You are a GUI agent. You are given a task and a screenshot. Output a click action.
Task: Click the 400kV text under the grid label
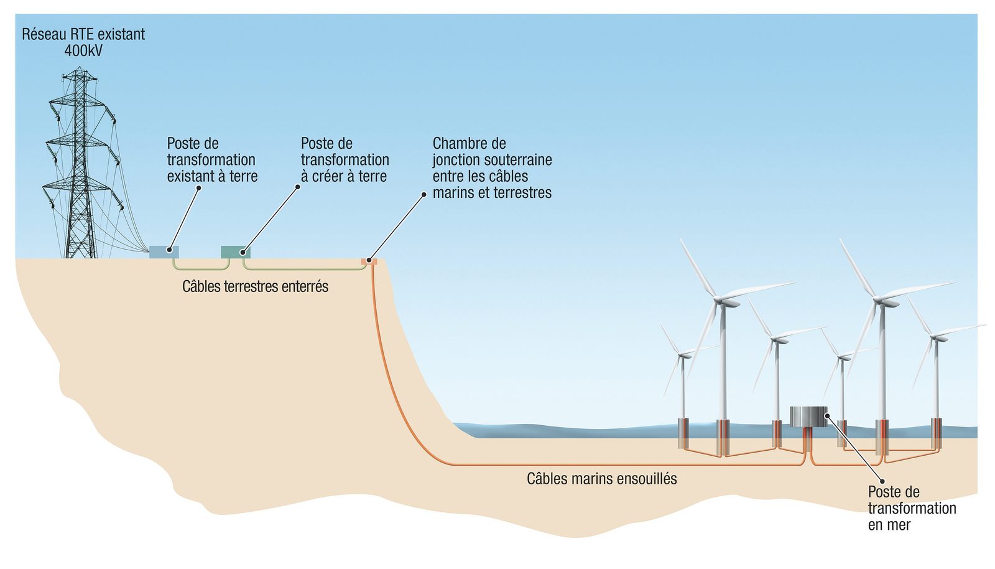click(83, 50)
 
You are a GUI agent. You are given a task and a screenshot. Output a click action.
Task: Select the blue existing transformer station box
click(164, 252)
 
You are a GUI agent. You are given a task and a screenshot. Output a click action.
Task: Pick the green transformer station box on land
click(236, 252)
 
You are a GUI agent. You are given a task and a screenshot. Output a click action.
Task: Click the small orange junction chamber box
click(369, 261)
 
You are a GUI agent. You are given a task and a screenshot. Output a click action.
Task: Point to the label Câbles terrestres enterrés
click(255, 287)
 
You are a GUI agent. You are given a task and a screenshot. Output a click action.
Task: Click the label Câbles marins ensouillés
click(602, 479)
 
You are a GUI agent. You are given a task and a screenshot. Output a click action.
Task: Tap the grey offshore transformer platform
click(808, 417)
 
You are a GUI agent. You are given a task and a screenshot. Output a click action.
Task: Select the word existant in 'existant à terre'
click(192, 176)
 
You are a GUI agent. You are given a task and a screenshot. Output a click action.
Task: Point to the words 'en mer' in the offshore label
click(889, 525)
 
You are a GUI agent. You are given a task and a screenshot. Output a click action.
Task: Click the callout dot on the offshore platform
click(827, 416)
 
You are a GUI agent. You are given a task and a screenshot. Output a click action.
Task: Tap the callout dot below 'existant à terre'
click(198, 188)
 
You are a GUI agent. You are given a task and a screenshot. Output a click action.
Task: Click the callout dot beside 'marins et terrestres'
click(423, 194)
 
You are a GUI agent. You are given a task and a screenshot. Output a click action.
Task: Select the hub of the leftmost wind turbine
click(680, 354)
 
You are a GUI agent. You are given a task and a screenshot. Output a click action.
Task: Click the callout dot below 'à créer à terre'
click(298, 187)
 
